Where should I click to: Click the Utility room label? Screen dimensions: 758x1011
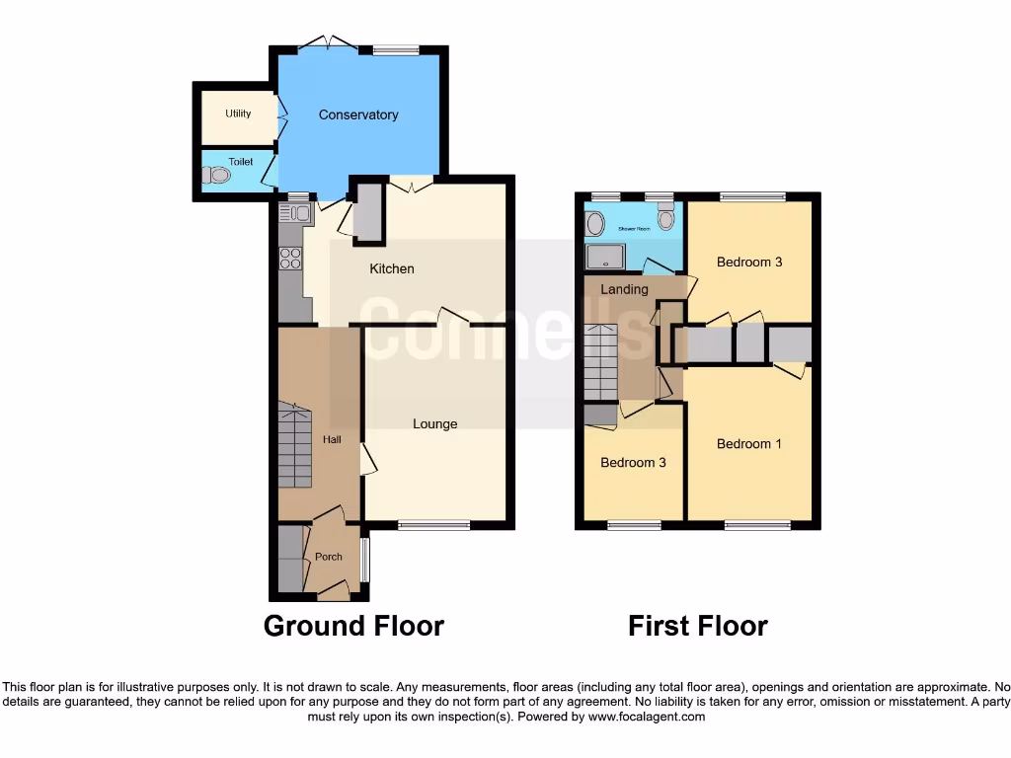[238, 114]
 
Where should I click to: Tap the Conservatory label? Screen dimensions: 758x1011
[358, 115]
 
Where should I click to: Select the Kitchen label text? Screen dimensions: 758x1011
[392, 268]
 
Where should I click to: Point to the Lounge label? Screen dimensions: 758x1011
[434, 423]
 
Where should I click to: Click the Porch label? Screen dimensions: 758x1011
[328, 557]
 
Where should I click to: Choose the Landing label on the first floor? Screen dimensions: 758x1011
[624, 289]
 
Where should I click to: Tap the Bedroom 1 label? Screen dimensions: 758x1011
[749, 444]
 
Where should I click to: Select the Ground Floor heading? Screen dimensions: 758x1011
[353, 626]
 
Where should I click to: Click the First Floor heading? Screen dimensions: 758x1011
[698, 626]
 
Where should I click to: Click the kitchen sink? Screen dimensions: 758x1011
[294, 212]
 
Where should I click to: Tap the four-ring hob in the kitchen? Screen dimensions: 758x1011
[291, 258]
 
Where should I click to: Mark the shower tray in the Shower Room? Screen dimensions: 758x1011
[604, 258]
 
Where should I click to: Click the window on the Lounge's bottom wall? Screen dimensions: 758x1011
[434, 526]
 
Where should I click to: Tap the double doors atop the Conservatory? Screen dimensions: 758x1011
[329, 43]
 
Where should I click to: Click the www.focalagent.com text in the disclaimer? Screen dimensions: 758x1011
[647, 717]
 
